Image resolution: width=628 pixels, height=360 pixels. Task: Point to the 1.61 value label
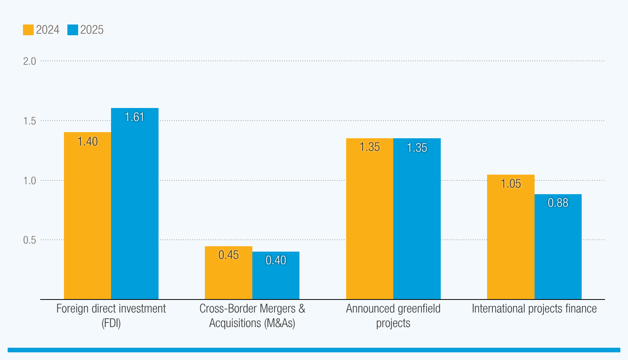135,117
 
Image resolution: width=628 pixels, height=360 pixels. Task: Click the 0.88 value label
558,203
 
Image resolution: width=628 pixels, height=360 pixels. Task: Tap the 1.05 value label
511,184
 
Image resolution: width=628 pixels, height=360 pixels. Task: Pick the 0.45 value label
229,255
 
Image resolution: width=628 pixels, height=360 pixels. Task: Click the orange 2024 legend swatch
28,30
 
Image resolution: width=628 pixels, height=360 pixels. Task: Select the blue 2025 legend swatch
73,30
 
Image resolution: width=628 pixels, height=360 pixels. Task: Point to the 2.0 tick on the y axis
29,61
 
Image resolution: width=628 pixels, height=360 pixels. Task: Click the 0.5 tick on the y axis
29,240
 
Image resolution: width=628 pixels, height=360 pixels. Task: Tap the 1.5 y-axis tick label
29,121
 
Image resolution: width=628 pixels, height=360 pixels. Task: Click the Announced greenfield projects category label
393,316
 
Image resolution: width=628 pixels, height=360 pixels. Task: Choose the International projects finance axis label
534,309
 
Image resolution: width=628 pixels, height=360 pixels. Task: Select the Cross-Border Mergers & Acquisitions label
252,316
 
